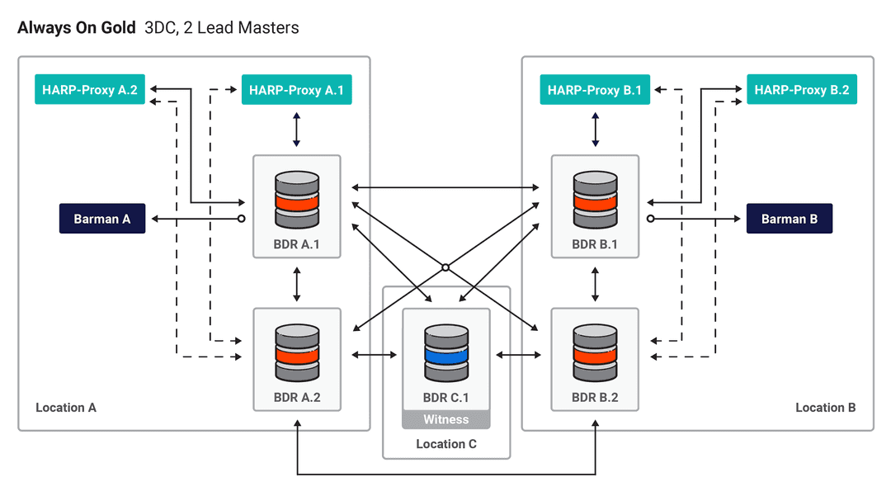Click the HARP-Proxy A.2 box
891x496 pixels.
90,90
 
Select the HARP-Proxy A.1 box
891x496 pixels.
296,90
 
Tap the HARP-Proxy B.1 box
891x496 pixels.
595,90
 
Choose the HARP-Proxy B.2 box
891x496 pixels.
801,90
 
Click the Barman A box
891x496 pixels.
102,219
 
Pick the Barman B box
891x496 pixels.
790,219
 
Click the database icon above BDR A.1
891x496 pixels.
296,200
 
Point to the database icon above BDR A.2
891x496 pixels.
296,353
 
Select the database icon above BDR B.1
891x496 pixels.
595,200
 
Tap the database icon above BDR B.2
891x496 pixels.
595,353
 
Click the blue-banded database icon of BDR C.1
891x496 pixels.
446,353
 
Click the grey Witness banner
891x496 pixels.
446,420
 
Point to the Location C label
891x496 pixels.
446,444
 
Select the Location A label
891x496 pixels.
66,408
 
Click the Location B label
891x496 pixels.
825,408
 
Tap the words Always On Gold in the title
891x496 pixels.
77,28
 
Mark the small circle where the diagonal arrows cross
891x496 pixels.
445,267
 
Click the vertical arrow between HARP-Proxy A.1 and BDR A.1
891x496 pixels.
296,130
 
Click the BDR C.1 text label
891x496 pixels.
446,397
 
